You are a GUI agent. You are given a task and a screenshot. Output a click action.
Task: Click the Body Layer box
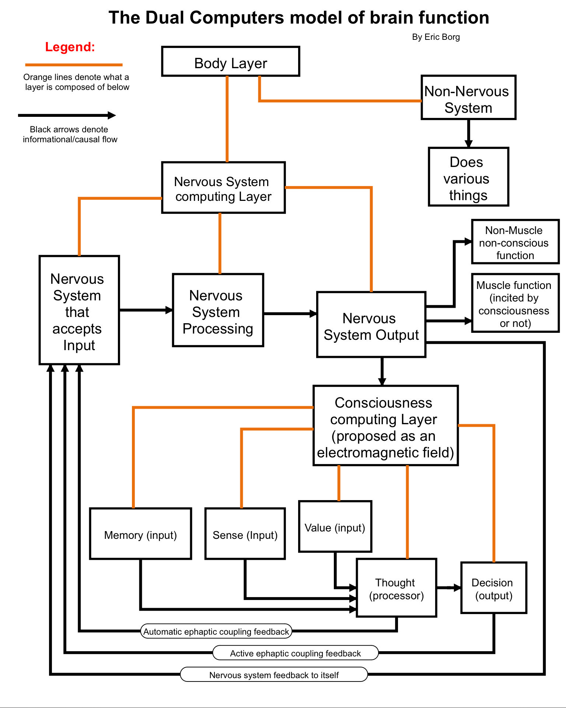click(x=231, y=62)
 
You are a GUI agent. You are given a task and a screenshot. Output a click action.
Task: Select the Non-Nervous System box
click(x=468, y=98)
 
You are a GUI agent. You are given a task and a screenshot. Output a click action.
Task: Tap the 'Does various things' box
click(x=468, y=177)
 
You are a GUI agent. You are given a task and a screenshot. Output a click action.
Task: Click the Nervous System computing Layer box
click(x=223, y=188)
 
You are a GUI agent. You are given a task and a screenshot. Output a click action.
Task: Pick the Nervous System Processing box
click(x=218, y=310)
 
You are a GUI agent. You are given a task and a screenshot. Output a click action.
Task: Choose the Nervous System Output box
click(x=371, y=325)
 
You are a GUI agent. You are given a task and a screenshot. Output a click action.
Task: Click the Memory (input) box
click(x=140, y=534)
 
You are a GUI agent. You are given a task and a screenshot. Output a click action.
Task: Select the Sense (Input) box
click(x=245, y=534)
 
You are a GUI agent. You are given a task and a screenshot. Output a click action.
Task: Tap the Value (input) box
click(x=335, y=526)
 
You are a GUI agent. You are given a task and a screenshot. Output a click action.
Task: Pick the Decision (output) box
click(x=494, y=588)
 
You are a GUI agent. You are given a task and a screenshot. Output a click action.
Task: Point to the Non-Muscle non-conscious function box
click(x=516, y=242)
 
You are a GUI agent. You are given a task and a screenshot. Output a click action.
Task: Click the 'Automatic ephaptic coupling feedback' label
click(x=216, y=631)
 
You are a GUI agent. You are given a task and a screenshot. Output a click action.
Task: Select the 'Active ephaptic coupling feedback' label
click(x=296, y=653)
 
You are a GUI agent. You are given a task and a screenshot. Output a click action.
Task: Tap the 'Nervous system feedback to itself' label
click(x=274, y=674)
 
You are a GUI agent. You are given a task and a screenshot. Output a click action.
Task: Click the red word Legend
click(x=70, y=47)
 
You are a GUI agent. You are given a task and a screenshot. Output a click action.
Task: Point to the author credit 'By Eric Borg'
click(x=436, y=37)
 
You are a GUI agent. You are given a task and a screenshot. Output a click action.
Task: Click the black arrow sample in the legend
click(x=67, y=115)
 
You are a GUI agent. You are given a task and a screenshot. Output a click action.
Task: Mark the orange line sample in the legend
click(x=74, y=65)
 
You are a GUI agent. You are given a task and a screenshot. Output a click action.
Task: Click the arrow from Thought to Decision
click(x=449, y=587)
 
